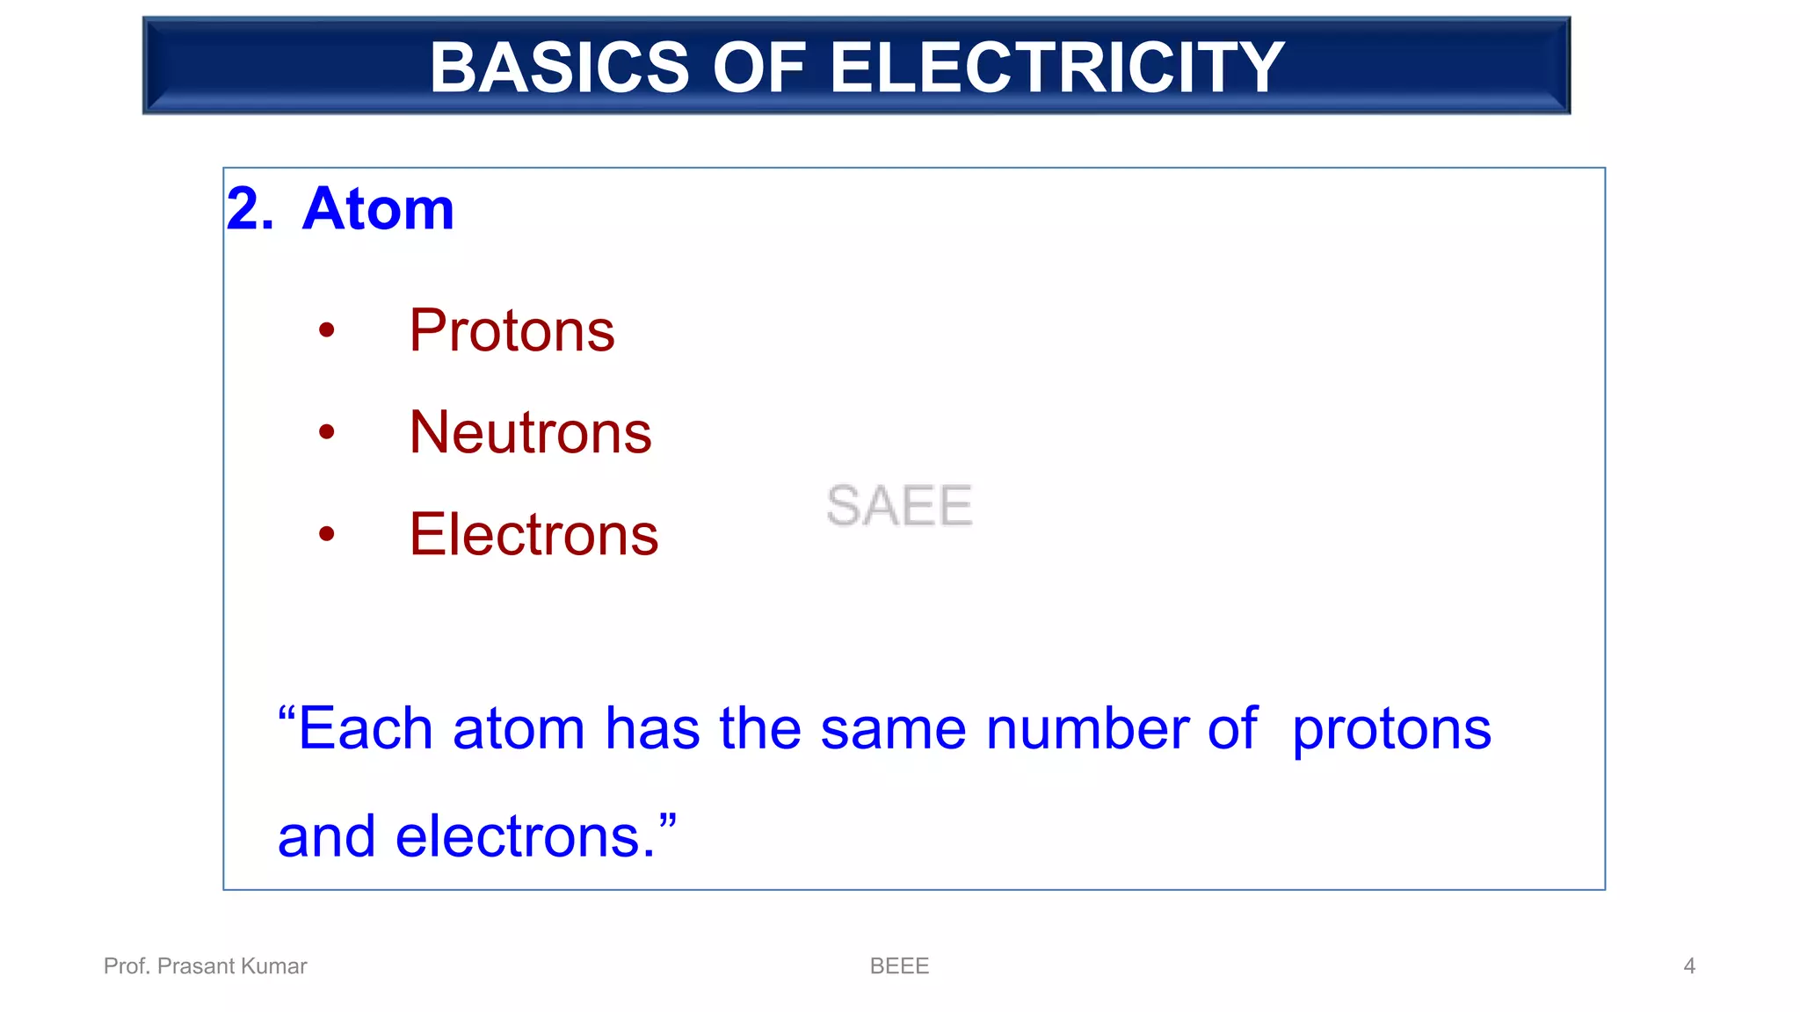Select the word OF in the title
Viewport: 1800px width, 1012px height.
point(758,69)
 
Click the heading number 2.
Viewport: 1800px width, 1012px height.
point(249,209)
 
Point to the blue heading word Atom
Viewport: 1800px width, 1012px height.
point(378,209)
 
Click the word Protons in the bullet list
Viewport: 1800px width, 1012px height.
point(512,331)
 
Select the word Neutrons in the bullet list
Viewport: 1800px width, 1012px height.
point(530,433)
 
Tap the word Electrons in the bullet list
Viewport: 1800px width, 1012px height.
point(533,535)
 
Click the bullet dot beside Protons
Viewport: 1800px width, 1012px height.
point(327,331)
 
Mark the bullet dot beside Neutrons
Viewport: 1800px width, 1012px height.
point(327,432)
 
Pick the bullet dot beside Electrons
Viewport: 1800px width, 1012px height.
point(327,534)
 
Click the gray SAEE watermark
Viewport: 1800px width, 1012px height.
point(899,506)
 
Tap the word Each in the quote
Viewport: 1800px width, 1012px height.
point(365,729)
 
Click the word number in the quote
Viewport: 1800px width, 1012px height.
point(1087,729)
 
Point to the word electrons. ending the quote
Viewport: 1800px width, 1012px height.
point(526,837)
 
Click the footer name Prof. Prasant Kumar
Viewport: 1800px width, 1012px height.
point(205,966)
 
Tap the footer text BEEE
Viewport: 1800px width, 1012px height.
point(899,966)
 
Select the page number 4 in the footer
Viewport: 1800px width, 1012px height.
point(1688,966)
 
